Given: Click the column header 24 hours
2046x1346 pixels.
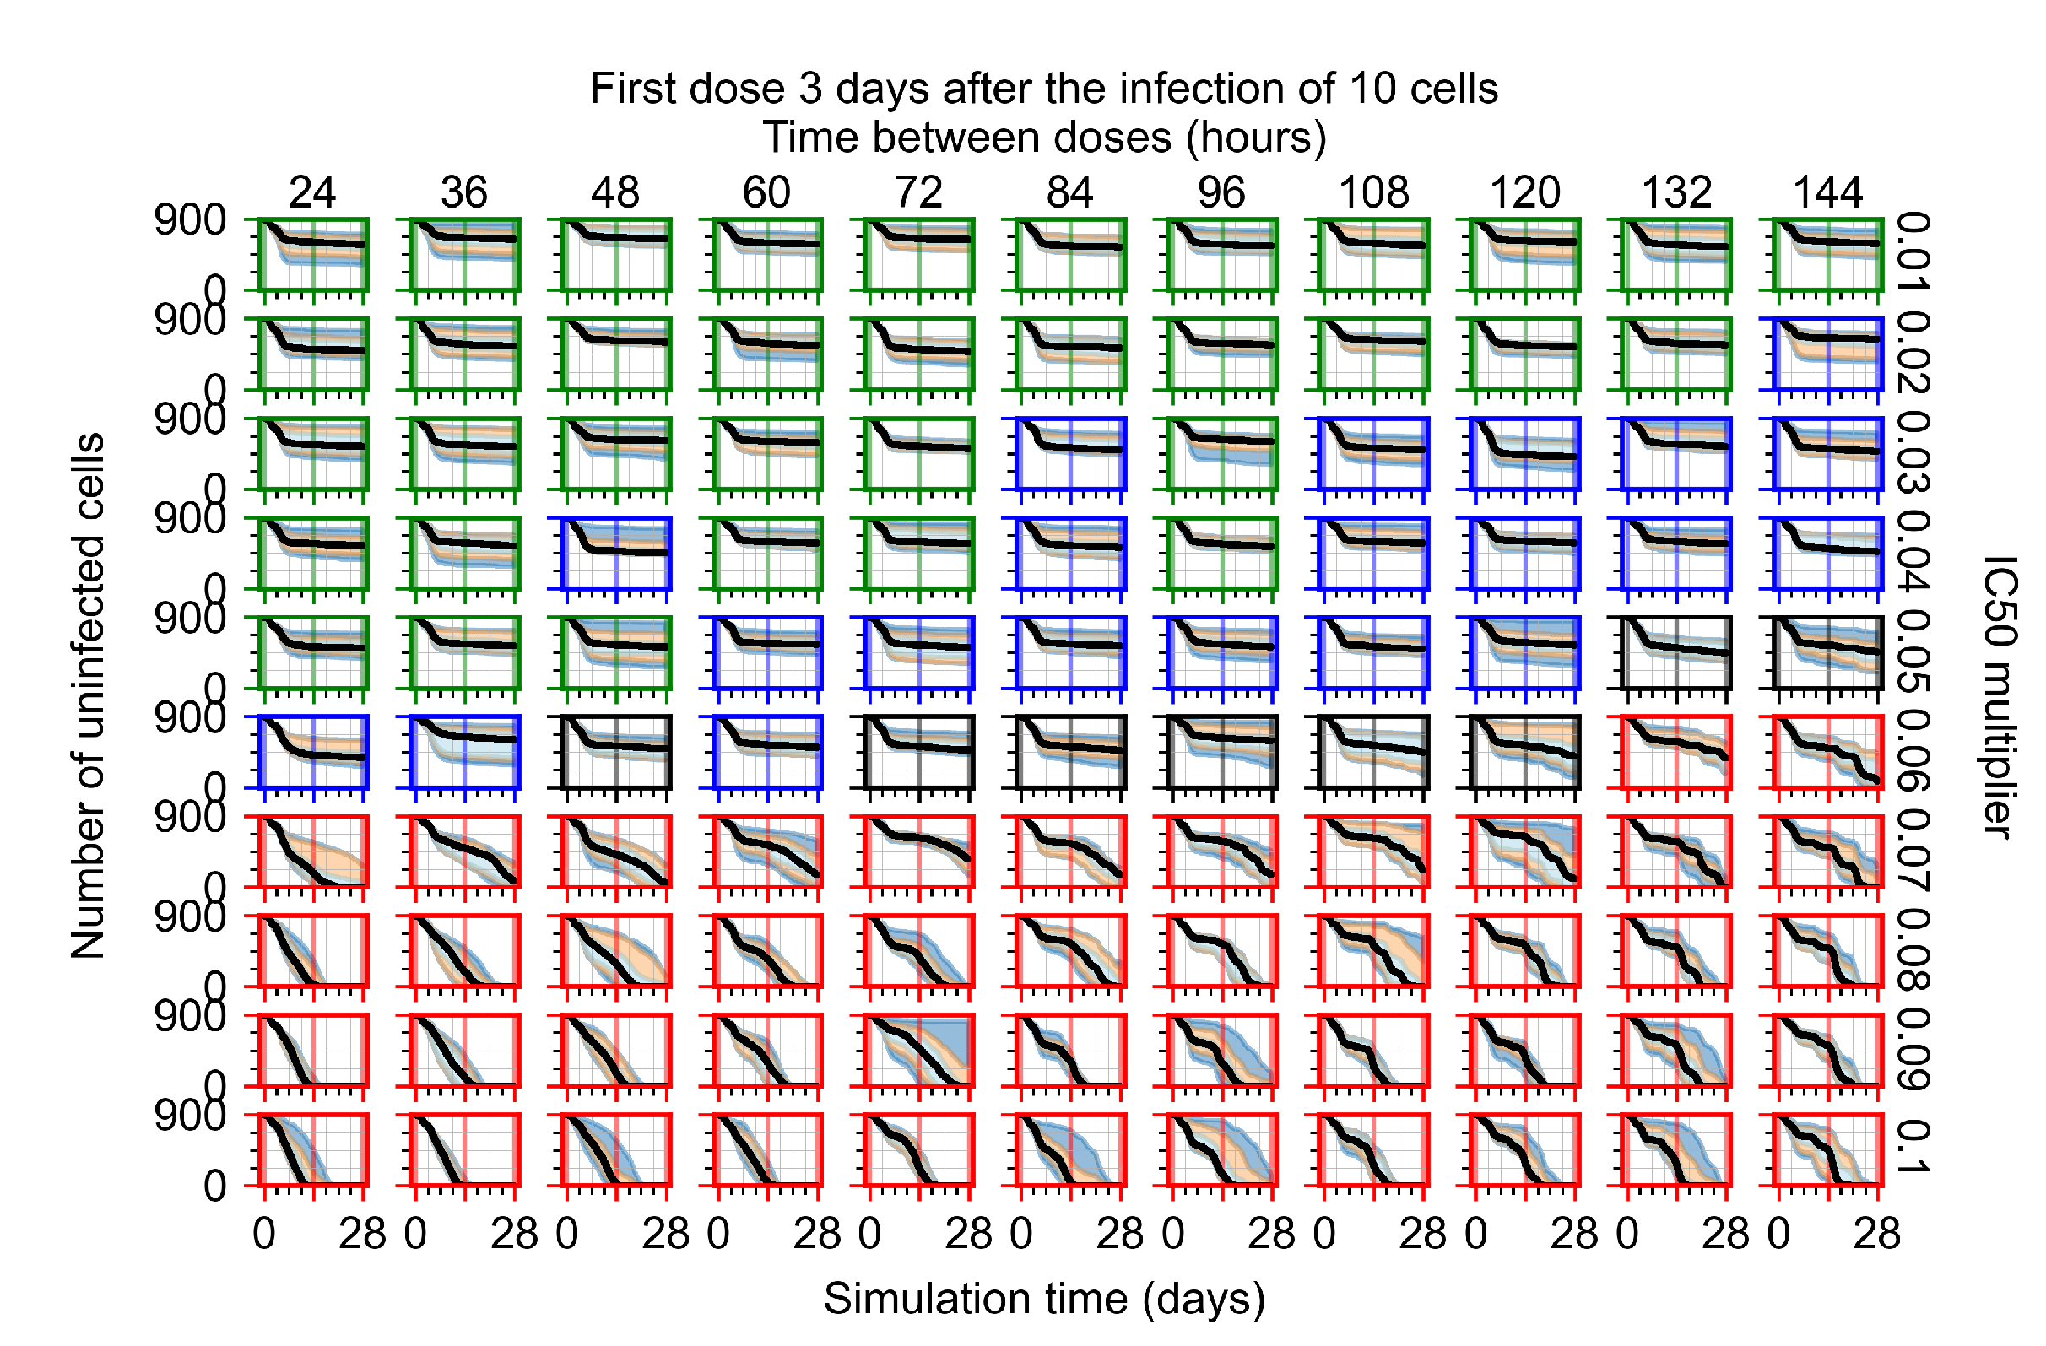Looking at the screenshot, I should tap(311, 192).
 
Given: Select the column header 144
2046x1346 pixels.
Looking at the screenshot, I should tap(1827, 192).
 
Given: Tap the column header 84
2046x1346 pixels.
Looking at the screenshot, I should tap(1069, 192).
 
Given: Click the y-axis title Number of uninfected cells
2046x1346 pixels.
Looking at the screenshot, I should tap(88, 696).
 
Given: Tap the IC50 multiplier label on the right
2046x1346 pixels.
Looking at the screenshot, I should tap(1998, 696).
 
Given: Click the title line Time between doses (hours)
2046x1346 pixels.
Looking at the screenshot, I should tap(1043, 138).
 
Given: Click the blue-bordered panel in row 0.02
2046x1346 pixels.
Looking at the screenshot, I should tap(1827, 354).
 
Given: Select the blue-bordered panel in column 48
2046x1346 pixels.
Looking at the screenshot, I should tap(615, 553).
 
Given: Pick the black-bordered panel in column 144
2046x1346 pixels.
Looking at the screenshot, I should tap(1827, 652).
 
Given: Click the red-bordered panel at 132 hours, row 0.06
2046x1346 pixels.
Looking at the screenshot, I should tap(1675, 751).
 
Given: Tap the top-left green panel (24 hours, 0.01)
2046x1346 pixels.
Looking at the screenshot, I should tap(313, 254).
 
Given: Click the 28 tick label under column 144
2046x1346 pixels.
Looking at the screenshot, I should tap(1875, 1235).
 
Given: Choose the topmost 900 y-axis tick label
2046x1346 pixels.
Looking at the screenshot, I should tap(189, 221).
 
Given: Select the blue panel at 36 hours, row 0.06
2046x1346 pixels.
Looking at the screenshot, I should tap(464, 751).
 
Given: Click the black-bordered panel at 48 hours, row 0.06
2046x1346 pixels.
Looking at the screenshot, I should tap(615, 751).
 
